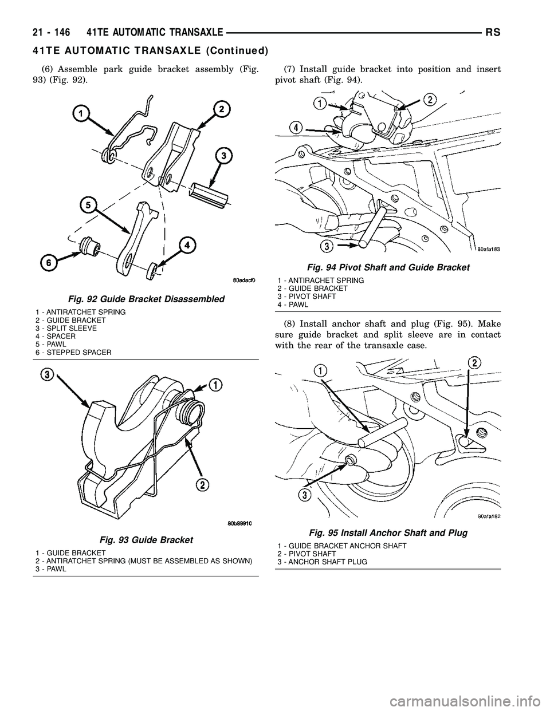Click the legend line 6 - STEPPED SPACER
point(73,352)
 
